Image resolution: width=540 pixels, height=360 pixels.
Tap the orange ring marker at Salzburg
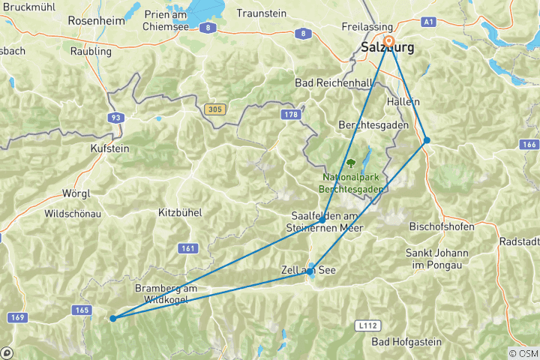(x=388, y=40)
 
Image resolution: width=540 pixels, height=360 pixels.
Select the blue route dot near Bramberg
(x=113, y=318)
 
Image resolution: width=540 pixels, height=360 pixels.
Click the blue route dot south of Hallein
(x=426, y=140)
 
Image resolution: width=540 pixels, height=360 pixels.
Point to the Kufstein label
(x=109, y=148)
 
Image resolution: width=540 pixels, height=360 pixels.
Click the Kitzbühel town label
(x=180, y=213)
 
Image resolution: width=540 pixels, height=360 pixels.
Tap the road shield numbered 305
(x=214, y=109)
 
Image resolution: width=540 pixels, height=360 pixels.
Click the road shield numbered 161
(x=188, y=247)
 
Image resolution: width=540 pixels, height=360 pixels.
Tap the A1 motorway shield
(x=429, y=22)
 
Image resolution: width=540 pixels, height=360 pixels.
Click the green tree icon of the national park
(x=350, y=162)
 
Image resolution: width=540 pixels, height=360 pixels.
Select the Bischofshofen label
(x=442, y=226)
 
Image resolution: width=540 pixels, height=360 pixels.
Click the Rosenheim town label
(x=96, y=21)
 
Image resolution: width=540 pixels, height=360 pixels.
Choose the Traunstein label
(x=262, y=13)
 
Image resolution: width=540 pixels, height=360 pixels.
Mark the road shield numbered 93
(x=115, y=118)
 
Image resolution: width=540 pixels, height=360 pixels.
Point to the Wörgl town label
(x=76, y=193)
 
